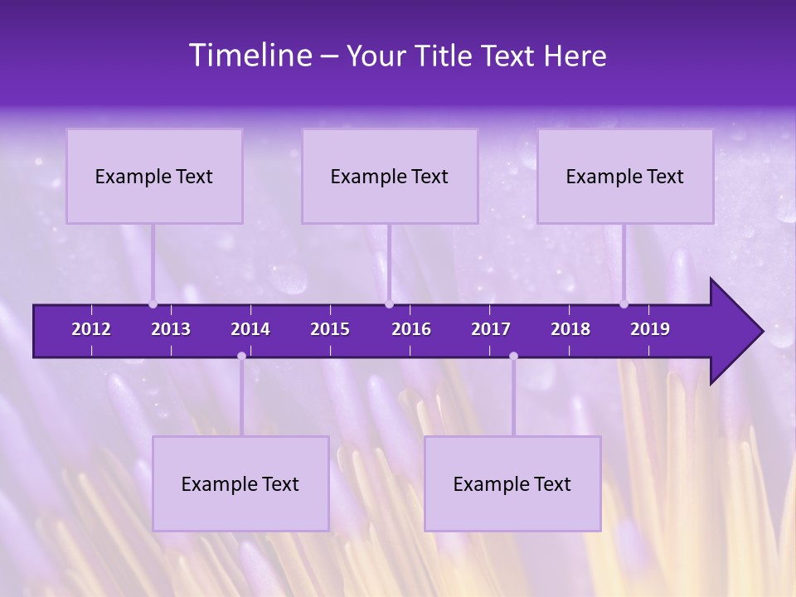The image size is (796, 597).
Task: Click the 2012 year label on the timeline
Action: (91, 329)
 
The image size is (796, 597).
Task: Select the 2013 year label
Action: (171, 329)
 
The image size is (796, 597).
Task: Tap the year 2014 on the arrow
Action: (250, 329)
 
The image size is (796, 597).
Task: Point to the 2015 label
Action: (330, 329)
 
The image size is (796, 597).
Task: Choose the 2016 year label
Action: (411, 329)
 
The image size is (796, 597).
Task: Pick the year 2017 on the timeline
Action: (491, 329)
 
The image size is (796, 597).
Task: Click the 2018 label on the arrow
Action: (570, 329)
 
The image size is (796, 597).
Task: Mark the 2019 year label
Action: (650, 329)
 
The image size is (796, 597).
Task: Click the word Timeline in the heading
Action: (250, 56)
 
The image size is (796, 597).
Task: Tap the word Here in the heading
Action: (575, 56)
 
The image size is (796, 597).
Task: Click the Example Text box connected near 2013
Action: (154, 177)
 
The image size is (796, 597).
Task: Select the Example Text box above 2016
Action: (390, 177)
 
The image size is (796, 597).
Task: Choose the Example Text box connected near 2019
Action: (625, 177)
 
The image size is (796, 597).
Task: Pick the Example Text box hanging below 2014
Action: (240, 484)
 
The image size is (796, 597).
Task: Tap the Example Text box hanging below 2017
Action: (512, 484)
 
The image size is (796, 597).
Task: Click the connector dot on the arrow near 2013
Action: (153, 304)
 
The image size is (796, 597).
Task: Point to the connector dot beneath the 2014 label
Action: (241, 356)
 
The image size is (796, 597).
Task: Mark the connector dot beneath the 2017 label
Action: (513, 356)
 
